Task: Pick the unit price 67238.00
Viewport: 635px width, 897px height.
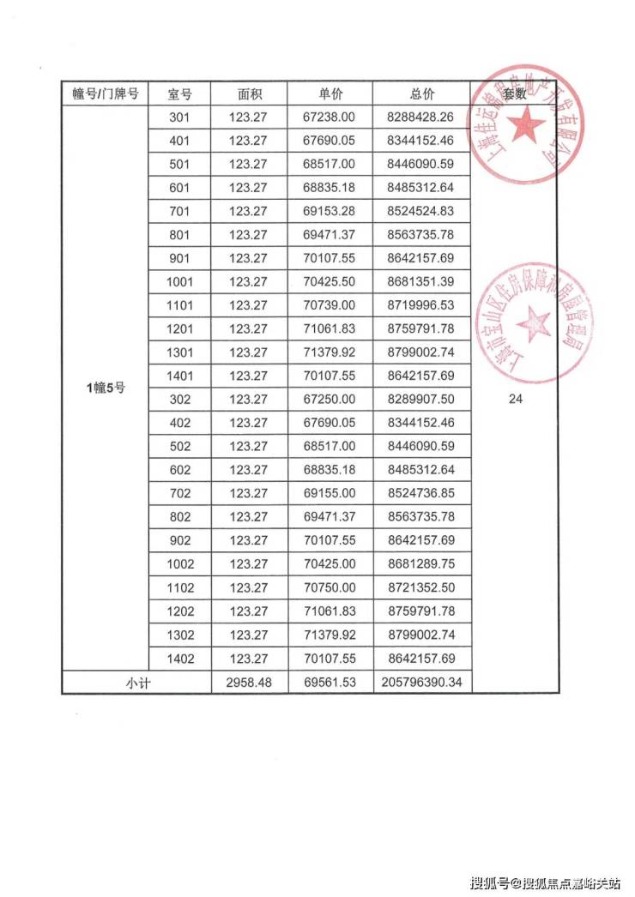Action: (x=330, y=117)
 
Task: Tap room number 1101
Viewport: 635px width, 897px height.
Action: (x=181, y=305)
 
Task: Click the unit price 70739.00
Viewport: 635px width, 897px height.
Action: (x=330, y=305)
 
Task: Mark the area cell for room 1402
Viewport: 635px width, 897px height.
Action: (x=248, y=659)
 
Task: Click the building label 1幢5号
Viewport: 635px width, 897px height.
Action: (x=106, y=388)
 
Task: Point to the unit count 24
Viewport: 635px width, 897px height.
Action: (x=515, y=399)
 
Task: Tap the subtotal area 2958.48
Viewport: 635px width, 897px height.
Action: (x=248, y=683)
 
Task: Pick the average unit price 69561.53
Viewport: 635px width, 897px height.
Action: (x=330, y=683)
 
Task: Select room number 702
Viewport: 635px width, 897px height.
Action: (x=181, y=494)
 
